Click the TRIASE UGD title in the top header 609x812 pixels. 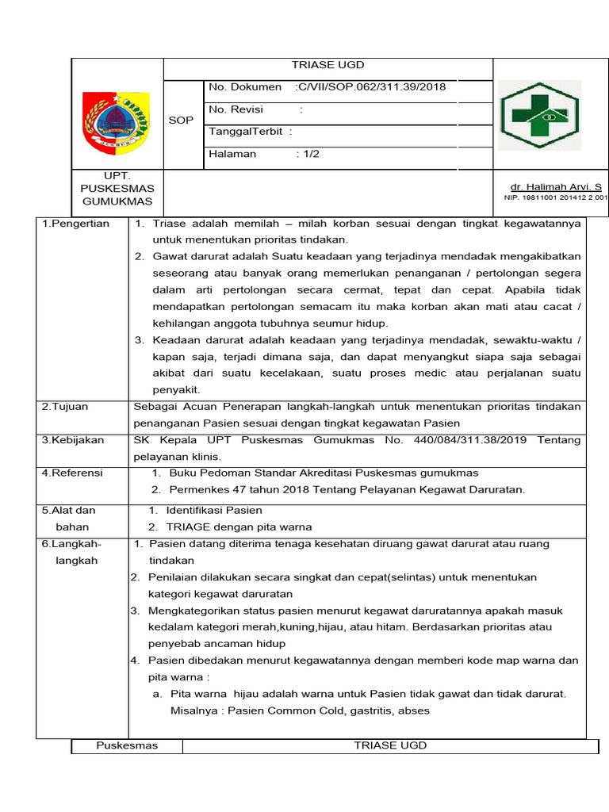click(x=327, y=66)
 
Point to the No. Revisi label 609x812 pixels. click(x=236, y=109)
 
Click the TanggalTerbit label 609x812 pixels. click(x=246, y=132)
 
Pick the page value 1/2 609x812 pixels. click(x=308, y=154)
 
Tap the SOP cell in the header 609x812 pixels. click(x=181, y=120)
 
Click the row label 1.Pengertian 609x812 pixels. click(x=75, y=224)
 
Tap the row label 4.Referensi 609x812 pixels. click(x=72, y=473)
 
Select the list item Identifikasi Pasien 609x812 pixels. click(x=214, y=510)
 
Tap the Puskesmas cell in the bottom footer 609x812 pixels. click(x=127, y=745)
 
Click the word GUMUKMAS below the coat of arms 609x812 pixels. click(x=117, y=202)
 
